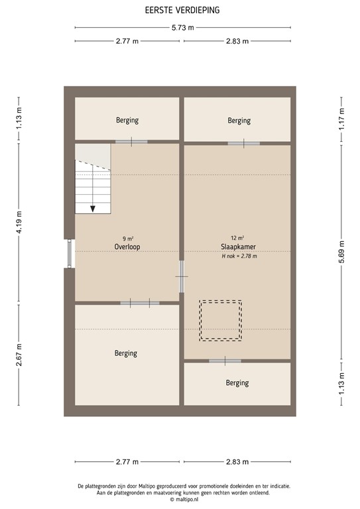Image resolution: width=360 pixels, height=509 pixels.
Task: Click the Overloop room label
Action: (126, 247)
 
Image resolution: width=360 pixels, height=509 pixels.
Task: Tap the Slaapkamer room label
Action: (239, 247)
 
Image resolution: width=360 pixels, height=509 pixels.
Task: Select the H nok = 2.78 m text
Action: (239, 256)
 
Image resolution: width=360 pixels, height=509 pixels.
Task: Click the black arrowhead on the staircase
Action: (93, 208)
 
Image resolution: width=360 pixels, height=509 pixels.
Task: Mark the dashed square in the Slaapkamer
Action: (221, 320)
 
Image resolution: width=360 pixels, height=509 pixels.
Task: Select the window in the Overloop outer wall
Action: (70, 253)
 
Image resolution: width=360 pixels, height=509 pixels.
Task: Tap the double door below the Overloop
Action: (140, 303)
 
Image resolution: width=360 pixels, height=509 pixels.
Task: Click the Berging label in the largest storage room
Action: (125, 353)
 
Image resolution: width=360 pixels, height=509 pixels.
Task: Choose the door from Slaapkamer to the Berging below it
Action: (225, 361)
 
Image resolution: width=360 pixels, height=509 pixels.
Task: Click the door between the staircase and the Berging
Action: (131, 142)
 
